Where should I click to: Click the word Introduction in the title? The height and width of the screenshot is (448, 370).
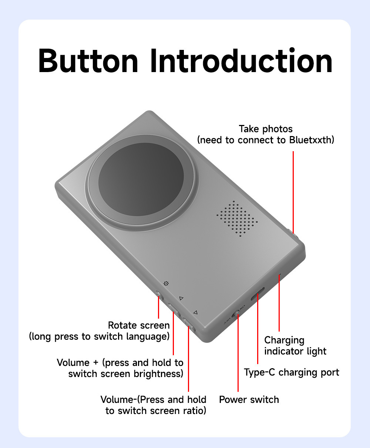tap(241, 61)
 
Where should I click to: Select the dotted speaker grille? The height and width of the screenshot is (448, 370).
tap(237, 219)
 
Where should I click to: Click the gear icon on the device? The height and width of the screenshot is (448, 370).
tap(166, 284)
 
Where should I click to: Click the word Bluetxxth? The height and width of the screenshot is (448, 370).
tap(312, 140)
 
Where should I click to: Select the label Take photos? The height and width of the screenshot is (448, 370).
tap(266, 129)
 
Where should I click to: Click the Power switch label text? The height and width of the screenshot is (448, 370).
tap(249, 400)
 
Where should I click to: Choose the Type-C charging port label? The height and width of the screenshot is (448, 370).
tap(292, 372)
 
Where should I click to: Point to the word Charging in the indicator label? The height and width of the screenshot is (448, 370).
tap(284, 340)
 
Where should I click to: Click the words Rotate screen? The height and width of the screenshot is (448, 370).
tap(139, 325)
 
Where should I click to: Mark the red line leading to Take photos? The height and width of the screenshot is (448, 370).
tap(293, 192)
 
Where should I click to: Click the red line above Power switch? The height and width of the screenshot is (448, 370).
tap(238, 355)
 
